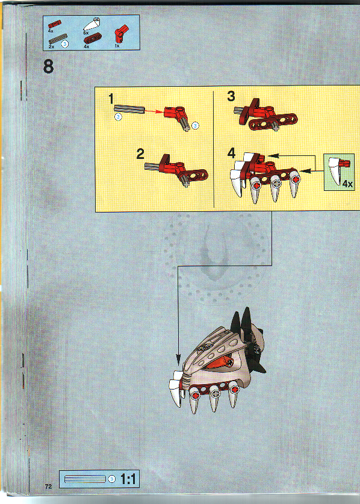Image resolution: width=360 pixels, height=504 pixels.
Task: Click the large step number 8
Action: tap(49, 66)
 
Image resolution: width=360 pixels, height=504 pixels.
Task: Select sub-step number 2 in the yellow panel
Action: tap(140, 154)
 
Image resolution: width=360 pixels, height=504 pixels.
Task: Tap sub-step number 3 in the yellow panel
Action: tap(231, 96)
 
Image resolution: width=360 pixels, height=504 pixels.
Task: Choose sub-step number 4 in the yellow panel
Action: tap(231, 153)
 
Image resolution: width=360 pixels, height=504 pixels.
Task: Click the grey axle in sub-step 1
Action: tap(129, 109)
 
